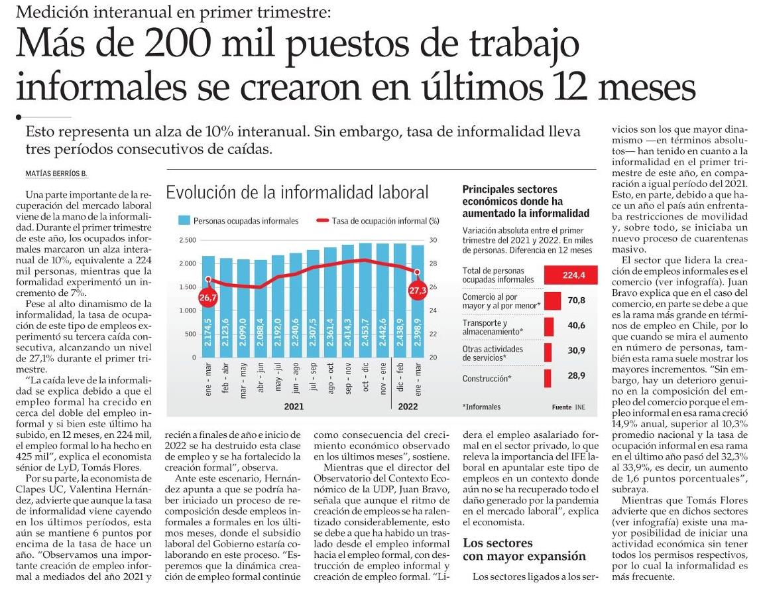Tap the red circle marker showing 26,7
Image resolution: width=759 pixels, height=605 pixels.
(x=208, y=298)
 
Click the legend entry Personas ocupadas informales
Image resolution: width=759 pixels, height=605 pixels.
(x=239, y=221)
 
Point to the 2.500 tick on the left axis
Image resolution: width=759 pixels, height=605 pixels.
(x=188, y=240)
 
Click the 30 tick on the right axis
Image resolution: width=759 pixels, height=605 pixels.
(x=434, y=240)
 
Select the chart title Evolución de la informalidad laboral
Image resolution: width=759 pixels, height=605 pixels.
(x=297, y=193)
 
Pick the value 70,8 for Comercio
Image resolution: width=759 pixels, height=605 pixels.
(x=577, y=301)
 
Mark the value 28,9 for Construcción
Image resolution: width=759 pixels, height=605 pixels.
(x=577, y=376)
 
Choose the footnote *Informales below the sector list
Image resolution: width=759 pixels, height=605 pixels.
(x=482, y=407)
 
